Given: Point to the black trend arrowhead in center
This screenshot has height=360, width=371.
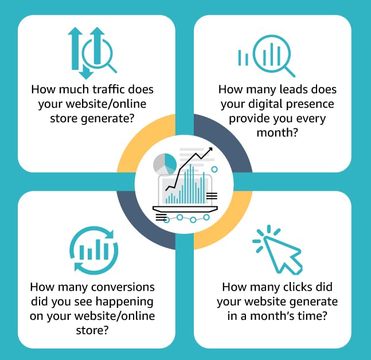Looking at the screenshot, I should [210, 150].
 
